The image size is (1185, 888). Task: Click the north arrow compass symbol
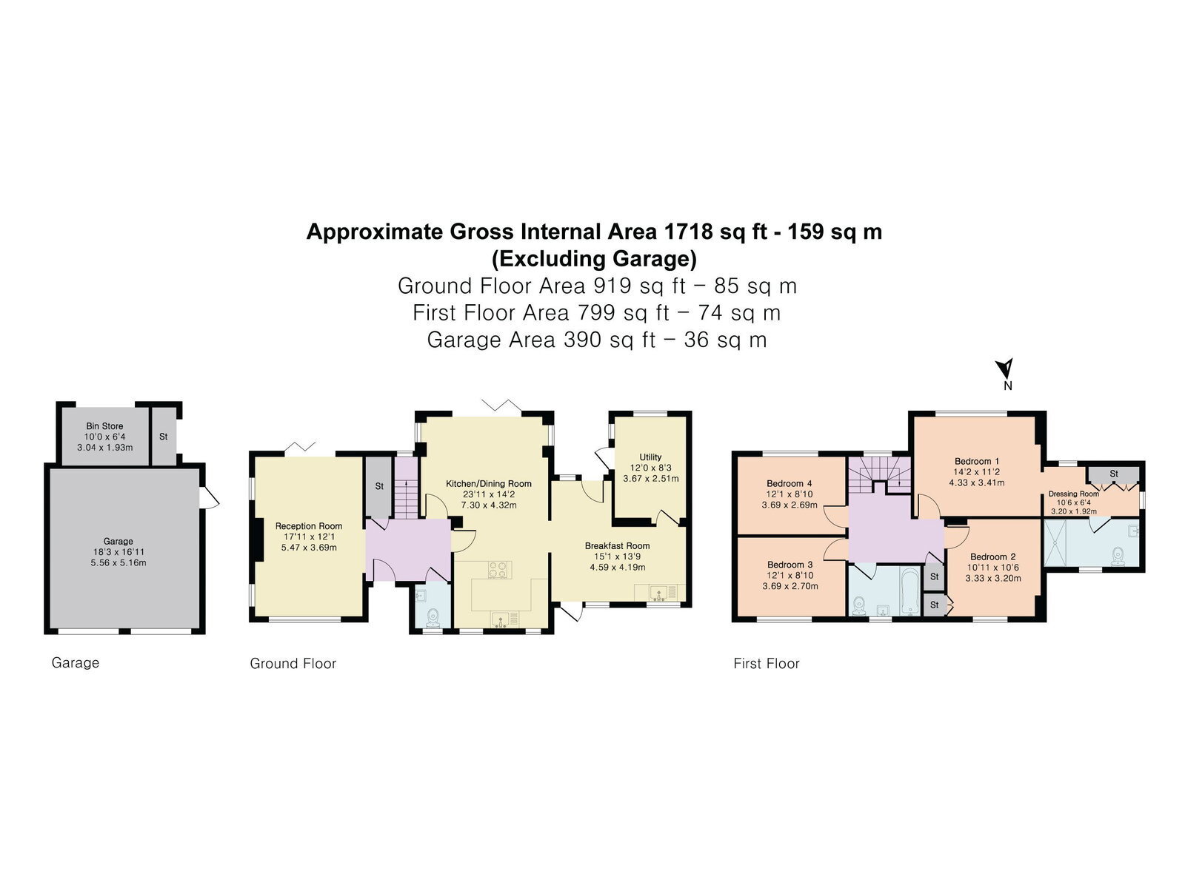point(1005,369)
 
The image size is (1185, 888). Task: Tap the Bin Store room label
point(104,426)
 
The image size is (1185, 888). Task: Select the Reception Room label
point(309,526)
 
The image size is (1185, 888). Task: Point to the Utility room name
point(650,457)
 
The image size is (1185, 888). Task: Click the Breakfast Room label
point(618,545)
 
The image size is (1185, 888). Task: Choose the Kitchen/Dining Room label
point(489,484)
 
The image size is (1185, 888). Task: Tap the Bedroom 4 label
point(790,484)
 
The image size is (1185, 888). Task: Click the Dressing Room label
point(1074,494)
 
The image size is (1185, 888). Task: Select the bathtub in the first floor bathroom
point(911,591)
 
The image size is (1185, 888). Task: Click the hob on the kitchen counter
point(500,570)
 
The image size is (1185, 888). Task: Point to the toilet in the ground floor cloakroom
point(433,618)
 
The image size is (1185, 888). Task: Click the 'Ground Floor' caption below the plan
point(293,663)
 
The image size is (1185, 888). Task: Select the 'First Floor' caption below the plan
point(766,663)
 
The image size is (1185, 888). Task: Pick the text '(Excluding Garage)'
point(594,259)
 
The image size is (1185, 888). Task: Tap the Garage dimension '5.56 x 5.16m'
point(118,563)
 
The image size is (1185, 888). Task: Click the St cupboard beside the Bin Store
point(163,437)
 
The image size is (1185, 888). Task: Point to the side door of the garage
point(209,497)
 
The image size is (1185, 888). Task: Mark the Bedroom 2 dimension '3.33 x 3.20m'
point(993,579)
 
